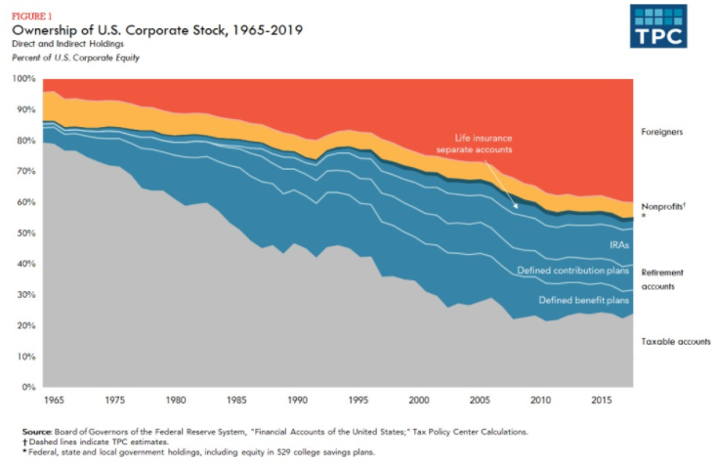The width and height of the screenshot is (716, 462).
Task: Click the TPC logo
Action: tap(656, 26)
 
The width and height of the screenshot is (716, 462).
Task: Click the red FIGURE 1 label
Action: tap(29, 15)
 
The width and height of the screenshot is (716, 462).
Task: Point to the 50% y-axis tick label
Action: tap(25, 233)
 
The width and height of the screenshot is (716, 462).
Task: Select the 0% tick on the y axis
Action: tap(28, 388)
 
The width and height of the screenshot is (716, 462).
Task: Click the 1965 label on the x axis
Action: tap(55, 400)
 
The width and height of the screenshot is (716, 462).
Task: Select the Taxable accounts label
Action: tap(675, 341)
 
